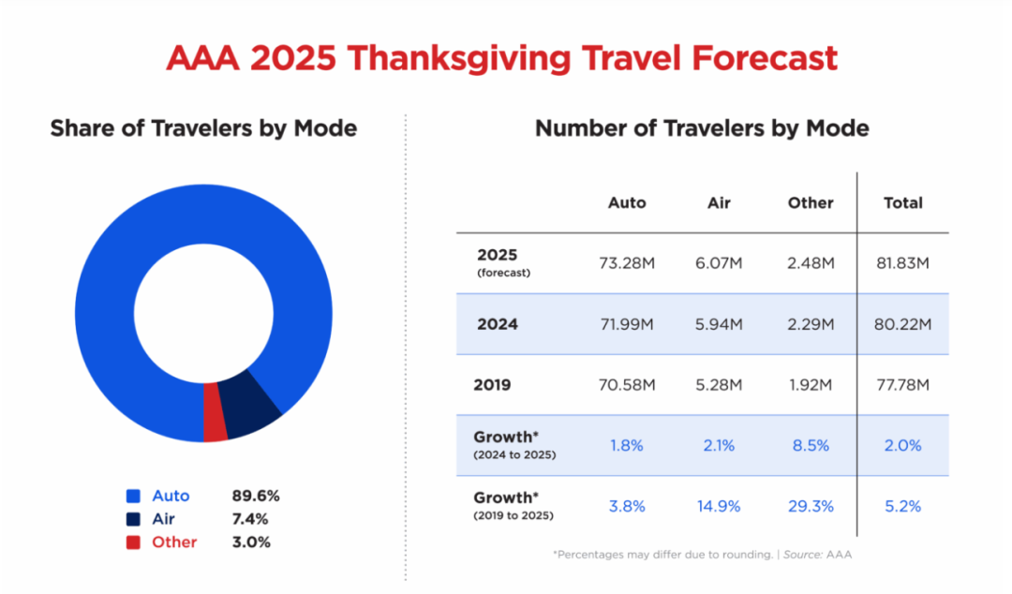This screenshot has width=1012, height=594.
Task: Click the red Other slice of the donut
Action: pos(216,423)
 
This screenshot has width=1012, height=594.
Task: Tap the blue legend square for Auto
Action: pos(133,496)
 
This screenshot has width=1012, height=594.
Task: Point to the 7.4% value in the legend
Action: pos(250,519)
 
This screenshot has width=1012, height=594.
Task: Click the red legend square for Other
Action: pos(133,542)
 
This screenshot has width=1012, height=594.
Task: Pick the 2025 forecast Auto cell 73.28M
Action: pos(627,263)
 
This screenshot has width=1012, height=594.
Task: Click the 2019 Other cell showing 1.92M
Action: pos(811,384)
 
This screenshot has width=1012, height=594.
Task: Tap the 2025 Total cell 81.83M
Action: pos(903,263)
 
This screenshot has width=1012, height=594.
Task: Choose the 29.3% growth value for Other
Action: pos(811,506)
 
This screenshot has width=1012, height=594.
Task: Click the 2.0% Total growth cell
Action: pos(903,445)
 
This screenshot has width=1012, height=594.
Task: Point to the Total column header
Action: pos(903,202)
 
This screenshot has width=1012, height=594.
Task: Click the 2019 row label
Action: pos(494,384)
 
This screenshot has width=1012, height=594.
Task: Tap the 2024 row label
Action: pos(498,324)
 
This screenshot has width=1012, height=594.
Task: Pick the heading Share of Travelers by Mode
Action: pos(203,128)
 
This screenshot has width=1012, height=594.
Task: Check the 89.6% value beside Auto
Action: pos(256,496)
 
